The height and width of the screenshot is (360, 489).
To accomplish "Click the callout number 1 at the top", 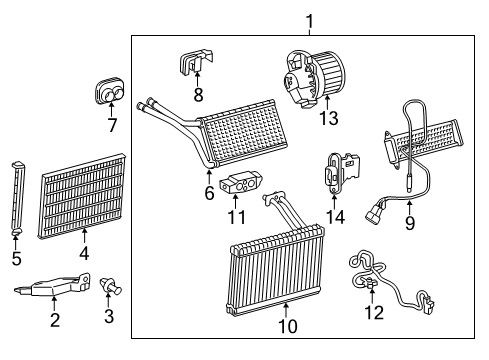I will point(309,19).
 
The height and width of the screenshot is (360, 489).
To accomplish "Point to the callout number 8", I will point(198,96).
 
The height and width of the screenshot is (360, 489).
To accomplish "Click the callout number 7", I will point(111,126).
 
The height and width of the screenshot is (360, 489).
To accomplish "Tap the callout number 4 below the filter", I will point(84,254).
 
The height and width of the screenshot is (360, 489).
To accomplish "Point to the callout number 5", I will point(16,259).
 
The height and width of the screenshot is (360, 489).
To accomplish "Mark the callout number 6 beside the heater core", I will point(209,192).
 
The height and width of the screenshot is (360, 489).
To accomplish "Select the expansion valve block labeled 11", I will point(239,186).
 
